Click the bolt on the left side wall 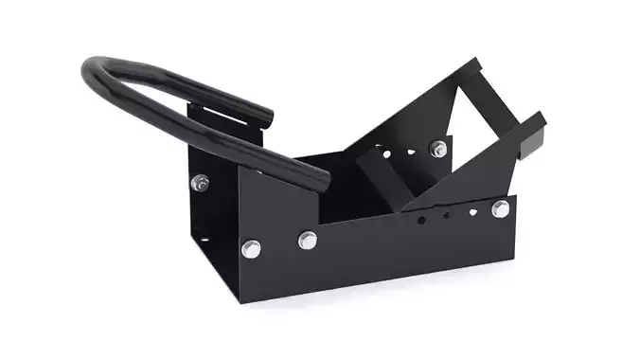tap(199, 182)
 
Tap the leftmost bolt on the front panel tap(250, 249)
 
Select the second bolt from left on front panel tap(307, 240)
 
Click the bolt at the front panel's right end tap(500, 208)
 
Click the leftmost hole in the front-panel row tap(421, 221)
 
